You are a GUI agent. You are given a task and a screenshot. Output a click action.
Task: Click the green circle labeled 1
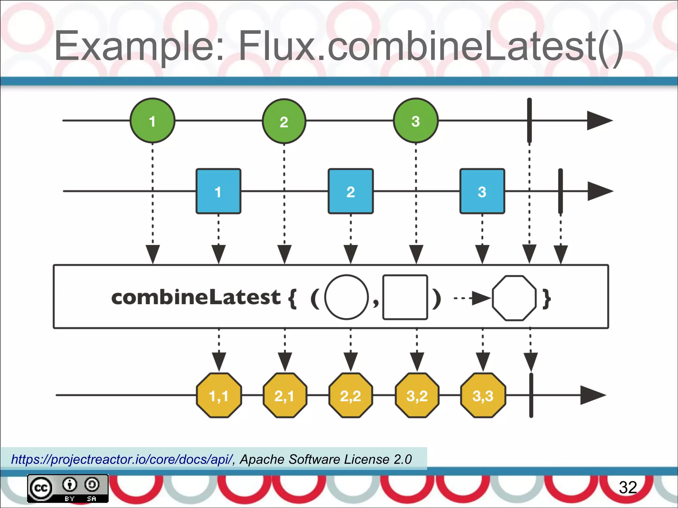(x=152, y=121)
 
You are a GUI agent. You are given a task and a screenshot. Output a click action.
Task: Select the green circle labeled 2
(x=284, y=121)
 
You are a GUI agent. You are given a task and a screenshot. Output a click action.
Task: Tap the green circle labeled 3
(x=416, y=121)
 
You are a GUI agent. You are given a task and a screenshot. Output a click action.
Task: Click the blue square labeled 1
(x=218, y=191)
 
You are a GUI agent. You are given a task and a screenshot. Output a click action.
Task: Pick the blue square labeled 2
(x=351, y=191)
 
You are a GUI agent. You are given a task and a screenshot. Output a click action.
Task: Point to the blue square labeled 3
(x=482, y=191)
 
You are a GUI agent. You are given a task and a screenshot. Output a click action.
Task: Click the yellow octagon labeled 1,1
(x=219, y=395)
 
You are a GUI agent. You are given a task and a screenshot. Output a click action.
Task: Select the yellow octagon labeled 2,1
(x=285, y=395)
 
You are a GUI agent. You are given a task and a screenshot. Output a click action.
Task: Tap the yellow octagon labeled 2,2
(x=351, y=395)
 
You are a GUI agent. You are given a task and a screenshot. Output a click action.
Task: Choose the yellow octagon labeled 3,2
(x=417, y=395)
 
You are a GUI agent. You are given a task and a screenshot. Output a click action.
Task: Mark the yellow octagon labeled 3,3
(x=483, y=395)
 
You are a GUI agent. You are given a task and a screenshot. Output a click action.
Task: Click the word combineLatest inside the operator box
(x=196, y=297)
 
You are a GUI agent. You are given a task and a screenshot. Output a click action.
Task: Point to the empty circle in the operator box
(x=347, y=297)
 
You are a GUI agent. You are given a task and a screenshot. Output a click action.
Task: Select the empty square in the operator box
(x=405, y=297)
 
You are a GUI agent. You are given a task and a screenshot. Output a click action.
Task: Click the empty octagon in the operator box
(x=514, y=298)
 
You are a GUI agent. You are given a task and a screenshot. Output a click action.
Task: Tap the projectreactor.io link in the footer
(x=122, y=459)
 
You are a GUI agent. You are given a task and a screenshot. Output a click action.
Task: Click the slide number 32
(x=628, y=487)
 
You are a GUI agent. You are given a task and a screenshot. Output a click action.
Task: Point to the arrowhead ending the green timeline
(x=599, y=121)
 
